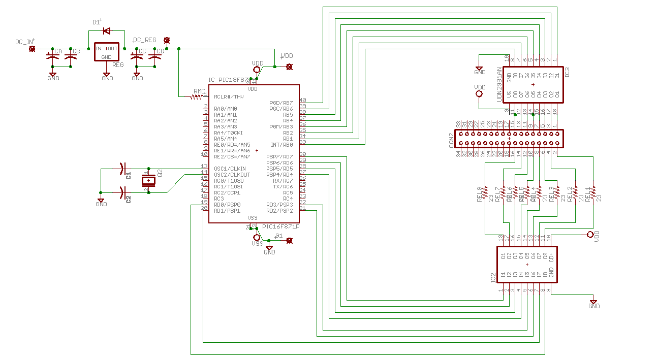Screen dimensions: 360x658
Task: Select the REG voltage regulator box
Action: (x=107, y=52)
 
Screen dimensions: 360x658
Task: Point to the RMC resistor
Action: (x=197, y=96)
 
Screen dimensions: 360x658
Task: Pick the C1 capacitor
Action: (x=122, y=168)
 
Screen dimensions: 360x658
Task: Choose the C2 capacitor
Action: (x=122, y=192)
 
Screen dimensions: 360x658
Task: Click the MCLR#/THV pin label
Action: (x=229, y=96)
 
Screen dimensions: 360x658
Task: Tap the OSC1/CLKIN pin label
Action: (x=230, y=169)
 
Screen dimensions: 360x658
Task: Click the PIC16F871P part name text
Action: (x=280, y=226)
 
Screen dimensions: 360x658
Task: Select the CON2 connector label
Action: (x=451, y=140)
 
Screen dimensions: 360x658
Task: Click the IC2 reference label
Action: (x=493, y=278)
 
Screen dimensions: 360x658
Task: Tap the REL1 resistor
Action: (x=593, y=193)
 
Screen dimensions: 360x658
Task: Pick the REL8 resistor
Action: (x=485, y=193)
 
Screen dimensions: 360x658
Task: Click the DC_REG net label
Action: (x=144, y=40)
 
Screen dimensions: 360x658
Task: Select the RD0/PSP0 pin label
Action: (x=227, y=205)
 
